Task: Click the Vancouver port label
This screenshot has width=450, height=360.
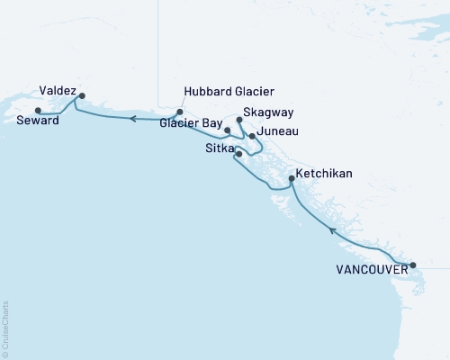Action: [x=370, y=268]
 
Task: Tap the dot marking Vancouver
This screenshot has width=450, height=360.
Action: [x=413, y=265]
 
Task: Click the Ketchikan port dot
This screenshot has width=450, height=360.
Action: [x=291, y=179]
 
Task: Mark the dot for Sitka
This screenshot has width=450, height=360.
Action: [x=238, y=154]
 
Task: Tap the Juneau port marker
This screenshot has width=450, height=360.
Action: [x=252, y=137]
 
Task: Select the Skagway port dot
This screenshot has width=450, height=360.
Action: [x=238, y=119]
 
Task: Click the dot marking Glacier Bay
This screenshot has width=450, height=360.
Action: [x=228, y=130]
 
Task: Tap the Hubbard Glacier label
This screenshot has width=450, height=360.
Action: [x=228, y=92]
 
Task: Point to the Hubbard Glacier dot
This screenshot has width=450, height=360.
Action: [x=180, y=112]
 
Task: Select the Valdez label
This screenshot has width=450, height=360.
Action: [x=58, y=90]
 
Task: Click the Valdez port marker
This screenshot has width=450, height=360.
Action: [x=82, y=95]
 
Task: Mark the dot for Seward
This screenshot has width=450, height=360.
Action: [x=37, y=111]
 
